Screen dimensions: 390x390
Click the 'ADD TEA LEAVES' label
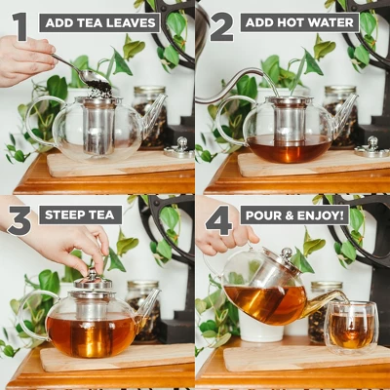(x=99, y=21)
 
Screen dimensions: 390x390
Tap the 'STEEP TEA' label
(x=80, y=215)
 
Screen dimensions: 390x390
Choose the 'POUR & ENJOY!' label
(x=293, y=215)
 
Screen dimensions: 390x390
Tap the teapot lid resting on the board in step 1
(x=177, y=149)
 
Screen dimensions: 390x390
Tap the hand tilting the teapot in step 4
(x=224, y=237)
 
